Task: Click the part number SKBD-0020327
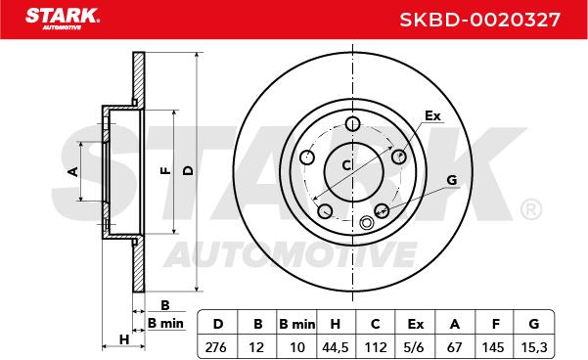tap(479, 20)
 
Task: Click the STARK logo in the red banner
tap(63, 19)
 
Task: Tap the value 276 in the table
tap(216, 347)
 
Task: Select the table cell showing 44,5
tap(336, 347)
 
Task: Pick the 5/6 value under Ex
tap(415, 347)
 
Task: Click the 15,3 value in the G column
tap(534, 347)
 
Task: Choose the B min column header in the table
tap(297, 324)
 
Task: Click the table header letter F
tap(495, 324)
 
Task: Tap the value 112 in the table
tap(376, 347)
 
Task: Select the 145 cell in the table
tap(493, 347)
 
